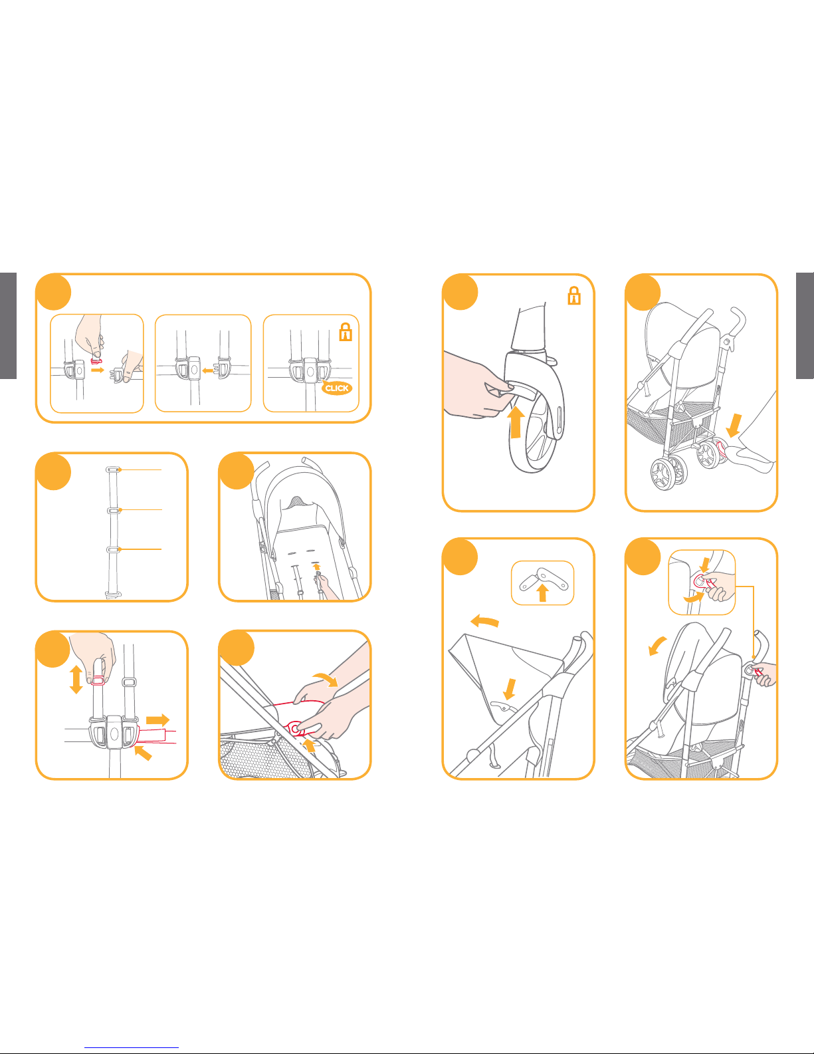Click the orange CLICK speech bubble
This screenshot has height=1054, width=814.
(337, 388)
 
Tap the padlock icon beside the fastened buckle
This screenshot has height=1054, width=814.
(346, 332)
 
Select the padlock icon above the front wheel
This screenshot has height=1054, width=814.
(574, 295)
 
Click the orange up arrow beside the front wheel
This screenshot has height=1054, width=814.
(516, 422)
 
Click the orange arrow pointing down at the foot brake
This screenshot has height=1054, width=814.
(734, 425)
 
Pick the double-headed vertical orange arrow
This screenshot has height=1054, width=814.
(76, 679)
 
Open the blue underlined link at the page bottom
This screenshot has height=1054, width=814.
(132, 1047)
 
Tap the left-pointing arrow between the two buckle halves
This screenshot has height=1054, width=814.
(207, 370)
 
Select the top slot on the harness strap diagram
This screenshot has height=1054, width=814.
(112, 469)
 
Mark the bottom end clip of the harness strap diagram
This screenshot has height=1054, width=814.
(113, 594)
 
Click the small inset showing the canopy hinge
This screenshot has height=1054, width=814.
(542, 583)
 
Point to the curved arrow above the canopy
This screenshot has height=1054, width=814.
(484, 621)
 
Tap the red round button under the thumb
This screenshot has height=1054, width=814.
(294, 729)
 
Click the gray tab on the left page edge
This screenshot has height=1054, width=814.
(8, 325)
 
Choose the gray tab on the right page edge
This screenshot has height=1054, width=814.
(805, 325)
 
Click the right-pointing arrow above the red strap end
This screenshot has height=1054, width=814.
(157, 720)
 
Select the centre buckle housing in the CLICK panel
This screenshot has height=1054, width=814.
(310, 371)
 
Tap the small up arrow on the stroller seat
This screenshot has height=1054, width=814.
(317, 566)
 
